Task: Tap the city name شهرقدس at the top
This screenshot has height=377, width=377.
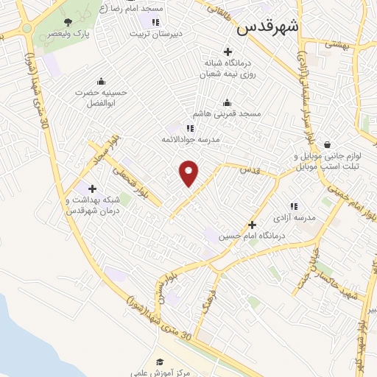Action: tap(269, 28)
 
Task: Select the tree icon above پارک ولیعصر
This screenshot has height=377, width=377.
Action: tap(68, 22)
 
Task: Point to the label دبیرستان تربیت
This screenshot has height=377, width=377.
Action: tap(155, 34)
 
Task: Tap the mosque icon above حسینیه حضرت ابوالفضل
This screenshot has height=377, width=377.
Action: tap(100, 81)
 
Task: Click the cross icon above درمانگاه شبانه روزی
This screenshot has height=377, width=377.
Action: tap(228, 52)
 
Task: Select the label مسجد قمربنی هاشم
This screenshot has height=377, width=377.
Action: tap(228, 114)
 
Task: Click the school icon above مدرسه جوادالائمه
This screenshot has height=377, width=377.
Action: tap(190, 127)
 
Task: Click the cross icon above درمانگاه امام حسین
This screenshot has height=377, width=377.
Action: tap(253, 225)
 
